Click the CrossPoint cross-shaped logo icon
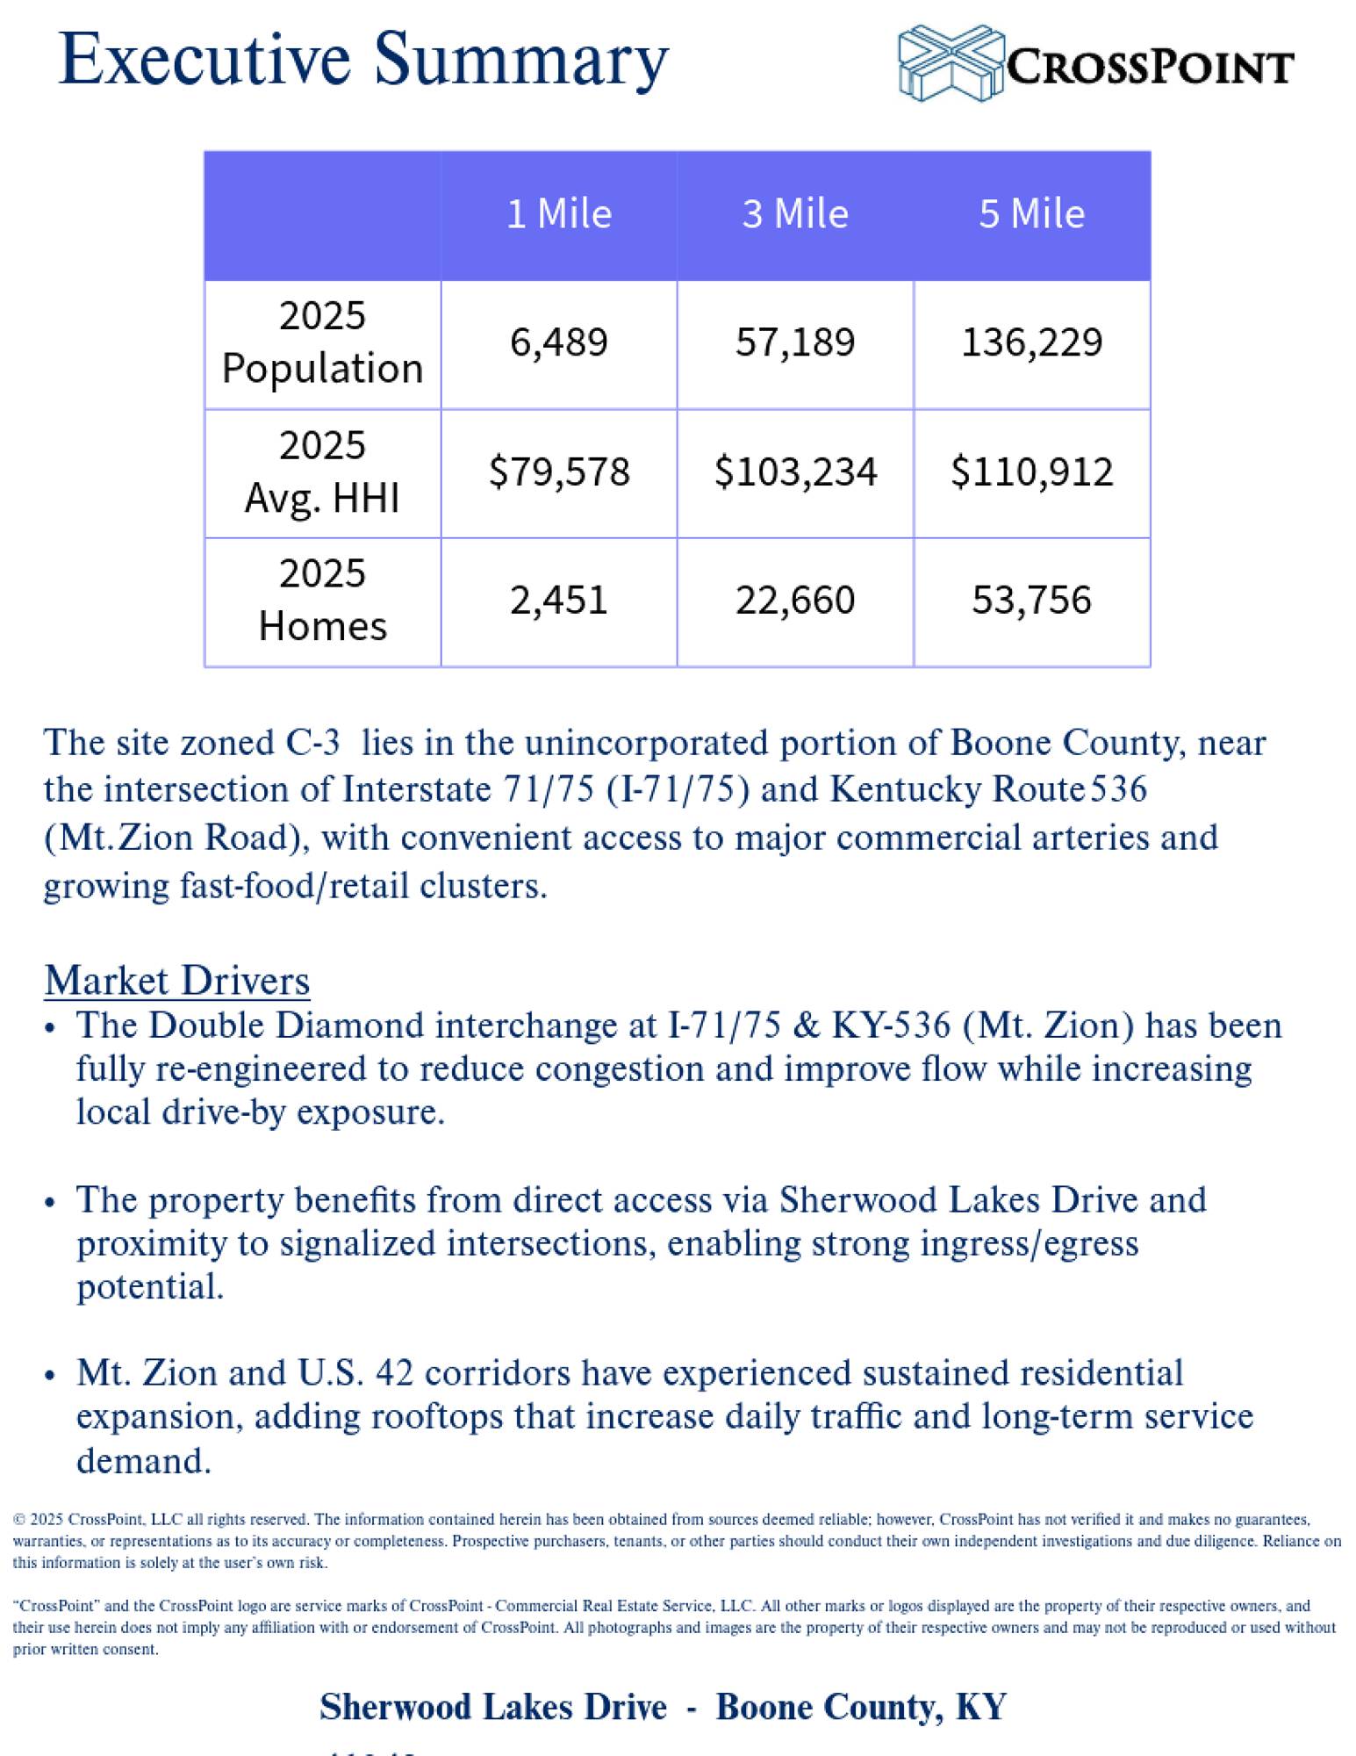point(951,62)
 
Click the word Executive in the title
point(204,60)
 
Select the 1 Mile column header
point(559,214)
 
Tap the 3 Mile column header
point(795,214)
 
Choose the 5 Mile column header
point(1031,214)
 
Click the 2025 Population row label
point(322,342)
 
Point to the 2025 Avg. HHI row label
point(322,472)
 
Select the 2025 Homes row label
point(322,601)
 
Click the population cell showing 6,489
point(559,342)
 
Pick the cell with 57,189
point(795,342)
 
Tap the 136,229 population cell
point(1031,342)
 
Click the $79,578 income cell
point(559,472)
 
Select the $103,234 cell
point(795,472)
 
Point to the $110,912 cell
point(1031,472)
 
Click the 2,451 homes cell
point(559,601)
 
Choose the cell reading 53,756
point(1031,601)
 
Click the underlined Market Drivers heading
point(177,981)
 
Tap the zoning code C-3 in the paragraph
point(313,744)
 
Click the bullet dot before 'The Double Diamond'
point(50,1028)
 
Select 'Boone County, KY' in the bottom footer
point(860,1706)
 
